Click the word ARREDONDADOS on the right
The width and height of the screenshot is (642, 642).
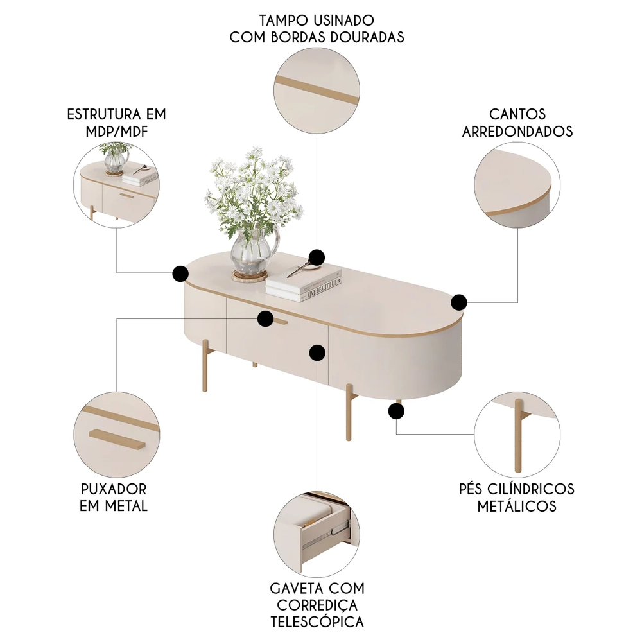pos(517,131)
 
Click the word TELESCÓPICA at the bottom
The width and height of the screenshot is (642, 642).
pos(317,621)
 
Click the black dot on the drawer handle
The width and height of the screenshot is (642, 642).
pos(265,318)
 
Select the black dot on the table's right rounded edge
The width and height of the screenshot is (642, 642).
pos(459,302)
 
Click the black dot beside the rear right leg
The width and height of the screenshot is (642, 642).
pos(395,411)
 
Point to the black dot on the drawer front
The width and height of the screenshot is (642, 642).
pos(317,352)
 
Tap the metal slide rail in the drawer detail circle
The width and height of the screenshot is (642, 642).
pos(334,527)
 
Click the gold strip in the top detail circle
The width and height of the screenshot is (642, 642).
pos(317,89)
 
